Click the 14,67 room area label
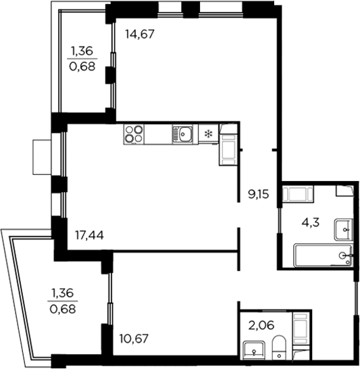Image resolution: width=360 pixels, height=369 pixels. [x=140, y=34]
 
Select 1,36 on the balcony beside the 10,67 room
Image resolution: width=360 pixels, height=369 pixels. [x=63, y=294]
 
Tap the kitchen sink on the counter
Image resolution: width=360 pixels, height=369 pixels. [x=183, y=134]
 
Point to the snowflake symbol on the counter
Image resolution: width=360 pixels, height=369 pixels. [x=208, y=134]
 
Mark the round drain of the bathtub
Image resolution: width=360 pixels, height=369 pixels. [x=345, y=255]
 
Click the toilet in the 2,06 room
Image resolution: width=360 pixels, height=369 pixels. [x=279, y=349]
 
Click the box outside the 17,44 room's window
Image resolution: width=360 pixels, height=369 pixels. [x=43, y=157]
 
